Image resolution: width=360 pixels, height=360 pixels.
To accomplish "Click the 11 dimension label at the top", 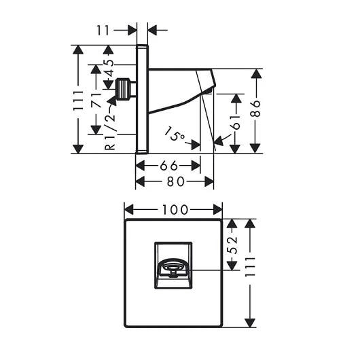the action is [103, 31].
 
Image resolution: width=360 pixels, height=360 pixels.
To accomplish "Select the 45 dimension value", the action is [110, 68].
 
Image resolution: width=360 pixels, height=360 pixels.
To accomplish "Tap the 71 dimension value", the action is [96, 100].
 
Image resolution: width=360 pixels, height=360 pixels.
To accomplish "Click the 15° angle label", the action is [175, 134].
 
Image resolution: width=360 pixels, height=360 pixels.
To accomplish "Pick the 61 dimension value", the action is [236, 122].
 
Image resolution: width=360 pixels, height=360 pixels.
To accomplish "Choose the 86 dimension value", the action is [256, 109].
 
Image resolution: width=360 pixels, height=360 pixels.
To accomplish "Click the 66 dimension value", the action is [169, 165].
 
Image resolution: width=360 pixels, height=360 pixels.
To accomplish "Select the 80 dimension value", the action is [176, 181].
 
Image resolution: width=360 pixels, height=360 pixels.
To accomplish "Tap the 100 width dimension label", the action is [175, 210].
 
